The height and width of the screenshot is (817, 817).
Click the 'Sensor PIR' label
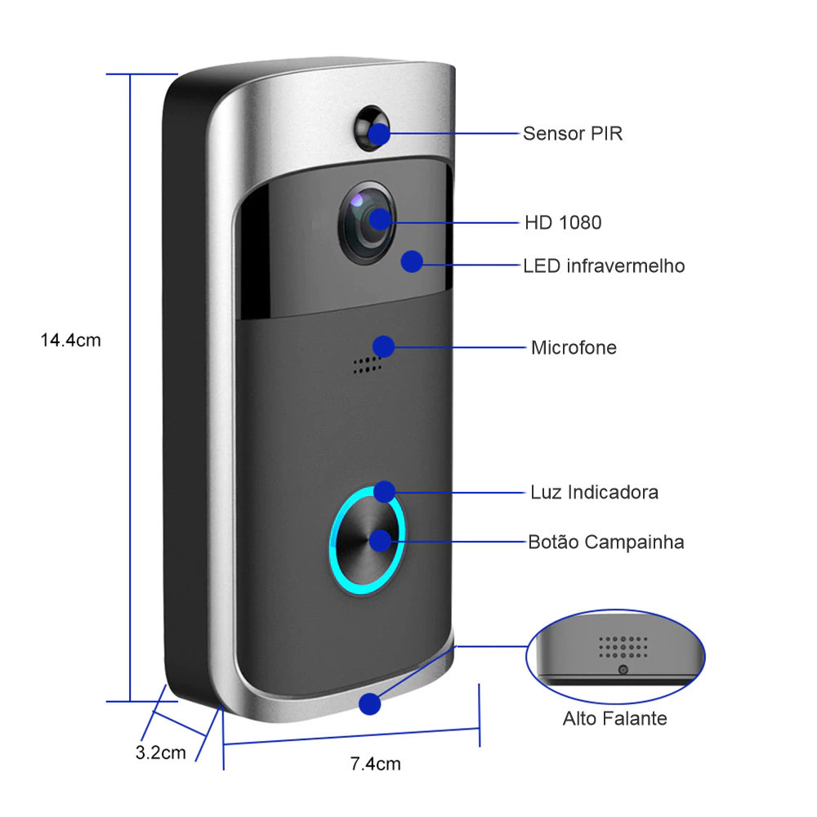[573, 134]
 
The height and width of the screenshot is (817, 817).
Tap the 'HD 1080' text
[563, 223]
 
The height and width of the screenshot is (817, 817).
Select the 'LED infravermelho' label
[604, 266]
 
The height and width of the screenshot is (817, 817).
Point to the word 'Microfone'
[574, 347]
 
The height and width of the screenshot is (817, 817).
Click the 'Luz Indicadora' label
[595, 493]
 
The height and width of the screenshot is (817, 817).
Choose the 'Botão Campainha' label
[606, 542]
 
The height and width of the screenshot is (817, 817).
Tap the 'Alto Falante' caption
[615, 718]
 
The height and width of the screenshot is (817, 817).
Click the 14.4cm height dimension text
[71, 340]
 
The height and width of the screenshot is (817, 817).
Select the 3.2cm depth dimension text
[160, 752]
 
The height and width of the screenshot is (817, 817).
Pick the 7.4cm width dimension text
[376, 764]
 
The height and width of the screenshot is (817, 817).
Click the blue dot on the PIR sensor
[379, 134]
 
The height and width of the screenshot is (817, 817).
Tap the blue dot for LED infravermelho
[412, 261]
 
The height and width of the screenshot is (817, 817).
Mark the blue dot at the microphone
[383, 346]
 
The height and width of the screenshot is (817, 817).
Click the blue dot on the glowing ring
[385, 491]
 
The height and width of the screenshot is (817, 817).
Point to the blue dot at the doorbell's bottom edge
[370, 704]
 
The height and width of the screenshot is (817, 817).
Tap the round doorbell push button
[367, 540]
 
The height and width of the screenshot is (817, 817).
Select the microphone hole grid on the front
[367, 365]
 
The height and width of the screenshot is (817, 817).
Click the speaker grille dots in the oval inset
[623, 646]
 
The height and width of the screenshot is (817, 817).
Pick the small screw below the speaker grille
[623, 670]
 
